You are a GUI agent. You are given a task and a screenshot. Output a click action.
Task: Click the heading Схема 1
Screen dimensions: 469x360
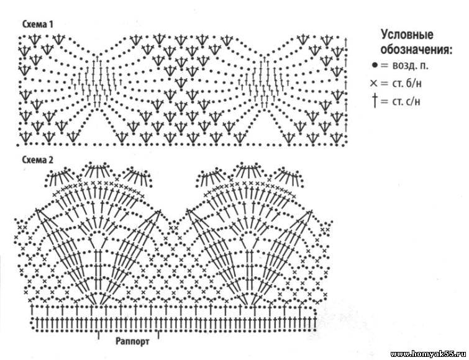(x=38, y=24)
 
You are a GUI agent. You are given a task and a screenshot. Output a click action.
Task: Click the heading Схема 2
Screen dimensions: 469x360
(x=38, y=160)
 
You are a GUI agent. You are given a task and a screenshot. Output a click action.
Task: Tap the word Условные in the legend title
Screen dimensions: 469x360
(x=407, y=34)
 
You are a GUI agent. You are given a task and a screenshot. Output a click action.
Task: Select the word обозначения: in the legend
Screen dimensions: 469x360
(x=416, y=49)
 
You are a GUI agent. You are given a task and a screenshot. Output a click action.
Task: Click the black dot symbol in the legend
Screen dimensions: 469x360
(x=375, y=65)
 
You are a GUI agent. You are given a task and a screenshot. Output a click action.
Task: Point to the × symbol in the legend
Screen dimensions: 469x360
(x=374, y=83)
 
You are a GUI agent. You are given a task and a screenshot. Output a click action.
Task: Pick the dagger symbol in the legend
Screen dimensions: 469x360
(x=375, y=101)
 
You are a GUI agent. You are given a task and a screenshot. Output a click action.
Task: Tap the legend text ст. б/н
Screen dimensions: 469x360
(x=407, y=83)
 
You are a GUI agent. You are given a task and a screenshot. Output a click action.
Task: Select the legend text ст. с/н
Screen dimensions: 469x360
(x=406, y=102)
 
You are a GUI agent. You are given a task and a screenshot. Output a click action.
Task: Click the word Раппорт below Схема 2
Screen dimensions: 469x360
(x=132, y=341)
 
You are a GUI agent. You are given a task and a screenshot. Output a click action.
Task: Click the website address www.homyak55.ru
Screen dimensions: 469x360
(x=429, y=354)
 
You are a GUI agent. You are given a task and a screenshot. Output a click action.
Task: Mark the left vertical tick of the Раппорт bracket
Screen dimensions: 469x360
(x=98, y=335)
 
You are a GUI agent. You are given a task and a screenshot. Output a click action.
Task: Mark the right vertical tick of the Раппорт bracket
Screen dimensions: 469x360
(x=158, y=335)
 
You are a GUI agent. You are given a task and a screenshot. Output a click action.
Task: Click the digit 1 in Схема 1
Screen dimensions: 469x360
(x=51, y=24)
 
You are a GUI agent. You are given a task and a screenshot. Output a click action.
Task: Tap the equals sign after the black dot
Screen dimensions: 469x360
(x=384, y=65)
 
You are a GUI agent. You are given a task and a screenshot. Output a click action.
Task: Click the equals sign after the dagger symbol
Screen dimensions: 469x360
(x=385, y=102)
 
